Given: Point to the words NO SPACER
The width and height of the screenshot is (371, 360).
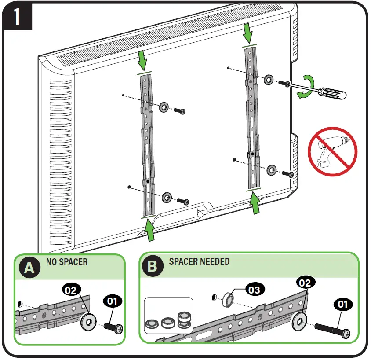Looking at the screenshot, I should click(67, 262).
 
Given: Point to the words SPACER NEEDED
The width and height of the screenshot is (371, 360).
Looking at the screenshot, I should click(199, 262).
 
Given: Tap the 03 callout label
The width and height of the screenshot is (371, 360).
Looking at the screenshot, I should click(254, 289).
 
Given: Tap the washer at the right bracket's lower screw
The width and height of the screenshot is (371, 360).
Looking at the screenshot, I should click(272, 170).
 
